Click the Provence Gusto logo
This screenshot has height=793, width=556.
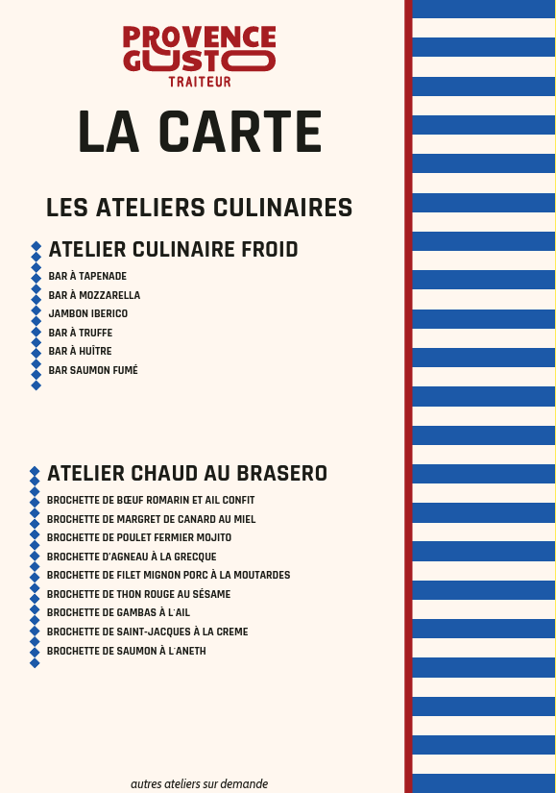pyautogui.click(x=200, y=49)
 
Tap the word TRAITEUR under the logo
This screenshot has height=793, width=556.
pyautogui.click(x=200, y=82)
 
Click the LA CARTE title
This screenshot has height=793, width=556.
pyautogui.click(x=200, y=132)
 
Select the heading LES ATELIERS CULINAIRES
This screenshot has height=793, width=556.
pyautogui.click(x=199, y=208)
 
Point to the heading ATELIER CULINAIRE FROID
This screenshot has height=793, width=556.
pyautogui.click(x=173, y=250)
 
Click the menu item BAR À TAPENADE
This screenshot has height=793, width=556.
pyautogui.click(x=87, y=277)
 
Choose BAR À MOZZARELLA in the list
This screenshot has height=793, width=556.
pyautogui.click(x=94, y=295)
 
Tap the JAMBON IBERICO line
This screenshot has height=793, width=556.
pyautogui.click(x=88, y=314)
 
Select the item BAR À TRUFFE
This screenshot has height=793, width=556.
pyautogui.click(x=81, y=333)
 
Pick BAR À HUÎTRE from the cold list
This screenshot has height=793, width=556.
pyautogui.click(x=80, y=352)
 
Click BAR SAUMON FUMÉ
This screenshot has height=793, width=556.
pyautogui.click(x=93, y=370)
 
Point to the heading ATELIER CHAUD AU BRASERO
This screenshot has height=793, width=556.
pyautogui.click(x=187, y=474)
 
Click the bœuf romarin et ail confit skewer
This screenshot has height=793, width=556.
pyautogui.click(x=151, y=501)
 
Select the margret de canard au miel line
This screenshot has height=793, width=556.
pyautogui.click(x=151, y=519)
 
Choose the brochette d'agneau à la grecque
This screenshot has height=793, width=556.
pyautogui.click(x=132, y=557)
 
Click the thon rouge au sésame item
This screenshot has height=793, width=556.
pyautogui.click(x=138, y=594)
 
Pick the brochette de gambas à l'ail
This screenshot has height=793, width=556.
pyautogui.click(x=118, y=613)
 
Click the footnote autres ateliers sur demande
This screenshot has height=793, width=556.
pyautogui.click(x=199, y=783)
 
